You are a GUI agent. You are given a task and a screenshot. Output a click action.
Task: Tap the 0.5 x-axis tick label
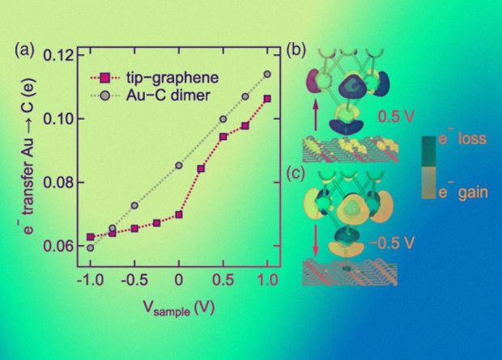point(223,279)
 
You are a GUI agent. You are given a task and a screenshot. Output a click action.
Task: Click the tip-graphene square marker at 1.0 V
point(267,99)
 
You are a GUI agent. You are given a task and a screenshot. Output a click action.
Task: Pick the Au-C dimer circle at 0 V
point(179,165)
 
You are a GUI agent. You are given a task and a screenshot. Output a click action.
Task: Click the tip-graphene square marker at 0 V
point(179,215)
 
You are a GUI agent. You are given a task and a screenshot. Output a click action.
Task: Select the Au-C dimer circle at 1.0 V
point(267,74)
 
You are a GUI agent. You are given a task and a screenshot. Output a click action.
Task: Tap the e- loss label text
point(461,139)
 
